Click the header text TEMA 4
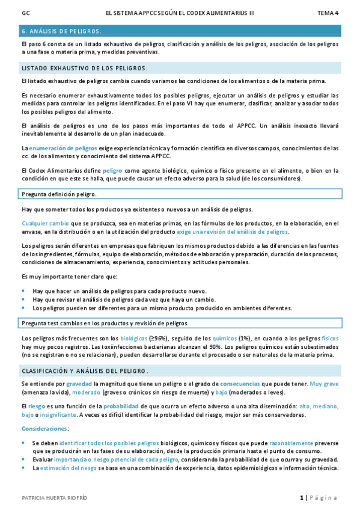coord(328,12)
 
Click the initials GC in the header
coord(25,12)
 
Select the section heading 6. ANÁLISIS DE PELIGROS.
coord(61,31)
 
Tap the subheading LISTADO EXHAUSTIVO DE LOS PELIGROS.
coord(84,68)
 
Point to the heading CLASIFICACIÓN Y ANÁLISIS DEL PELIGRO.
coord(85,371)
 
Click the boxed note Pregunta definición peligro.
coord(59,194)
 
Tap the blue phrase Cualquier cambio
coord(41,223)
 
